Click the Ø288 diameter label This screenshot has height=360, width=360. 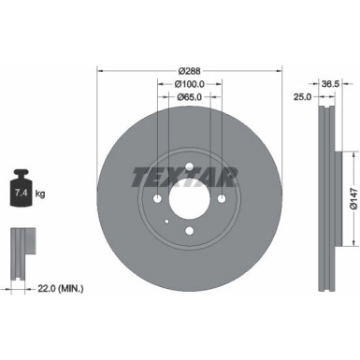pyautogui.click(x=189, y=71)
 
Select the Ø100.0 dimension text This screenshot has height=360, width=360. pyautogui.click(x=189, y=84)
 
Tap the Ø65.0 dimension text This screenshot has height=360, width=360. pyautogui.click(x=190, y=97)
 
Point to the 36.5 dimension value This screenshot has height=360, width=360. pyautogui.click(x=330, y=83)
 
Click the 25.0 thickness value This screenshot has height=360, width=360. pyautogui.click(x=302, y=97)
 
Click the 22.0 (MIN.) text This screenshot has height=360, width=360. pyautogui.click(x=61, y=289)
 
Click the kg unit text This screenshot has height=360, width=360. pyautogui.click(x=40, y=194)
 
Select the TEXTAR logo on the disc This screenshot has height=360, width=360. pyautogui.click(x=185, y=177)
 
